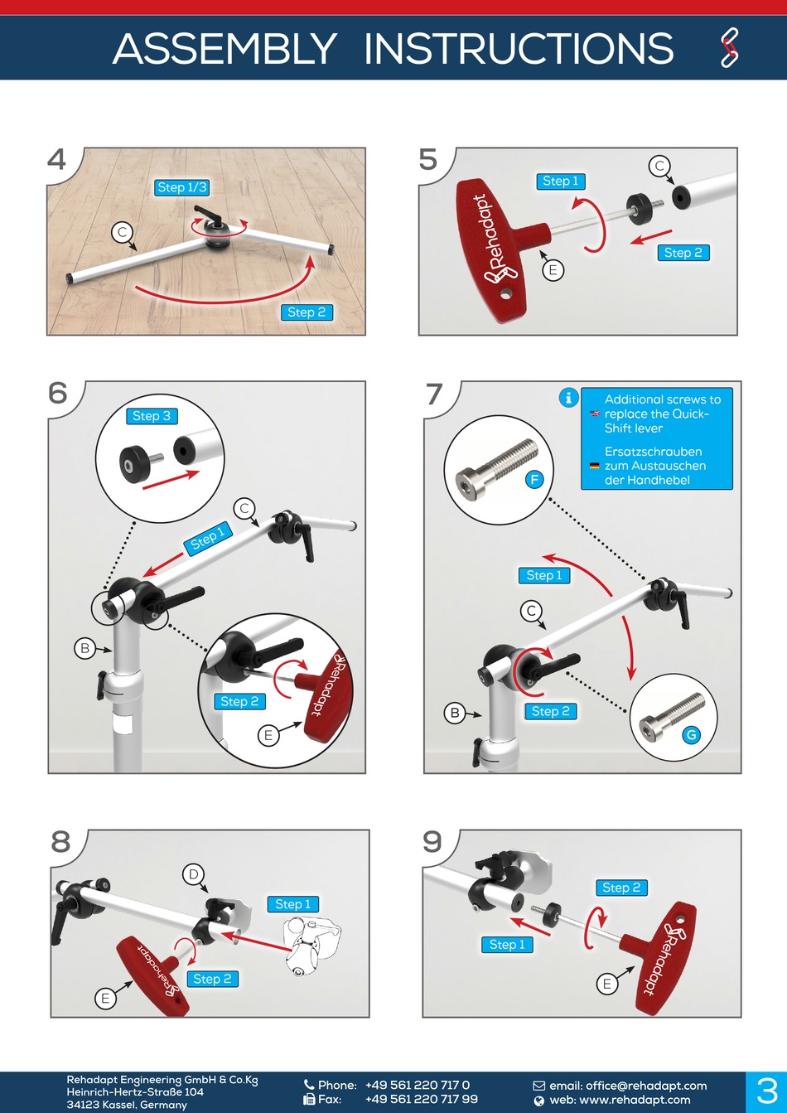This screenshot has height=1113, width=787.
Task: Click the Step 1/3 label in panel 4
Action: click(x=181, y=187)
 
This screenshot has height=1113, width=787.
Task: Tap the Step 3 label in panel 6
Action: click(x=152, y=416)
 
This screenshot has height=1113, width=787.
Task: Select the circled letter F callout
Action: click(x=534, y=479)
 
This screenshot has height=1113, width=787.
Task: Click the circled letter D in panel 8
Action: click(x=193, y=873)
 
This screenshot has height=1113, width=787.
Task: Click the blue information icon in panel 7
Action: click(x=568, y=398)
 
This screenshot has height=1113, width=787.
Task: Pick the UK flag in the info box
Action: click(x=594, y=414)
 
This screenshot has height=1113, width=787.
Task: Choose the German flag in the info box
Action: click(x=594, y=466)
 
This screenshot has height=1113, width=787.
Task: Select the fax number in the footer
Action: click(x=421, y=1100)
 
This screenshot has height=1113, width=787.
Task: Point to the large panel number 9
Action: click(x=432, y=841)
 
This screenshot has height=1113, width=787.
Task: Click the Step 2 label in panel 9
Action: click(x=621, y=888)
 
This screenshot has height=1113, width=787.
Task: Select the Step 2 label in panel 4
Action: click(x=307, y=312)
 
